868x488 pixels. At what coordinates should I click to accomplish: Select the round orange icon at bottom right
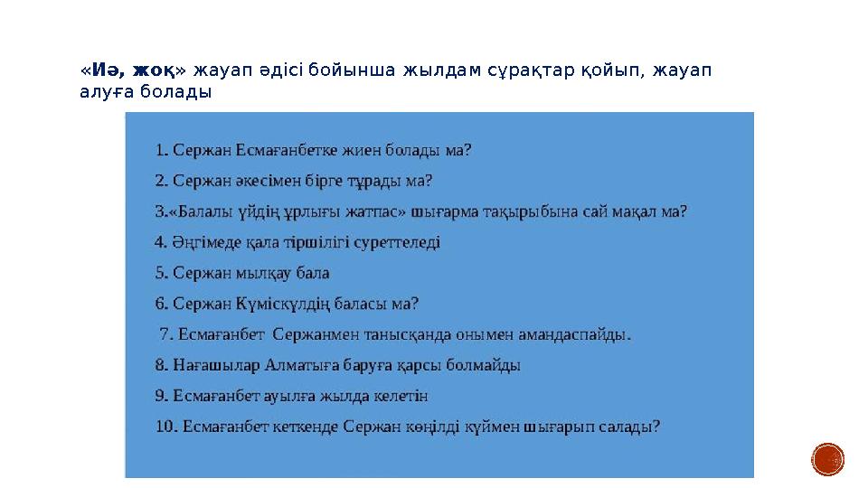827,459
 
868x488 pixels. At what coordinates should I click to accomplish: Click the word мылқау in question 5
260,273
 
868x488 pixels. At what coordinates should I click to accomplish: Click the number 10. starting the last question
165,427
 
